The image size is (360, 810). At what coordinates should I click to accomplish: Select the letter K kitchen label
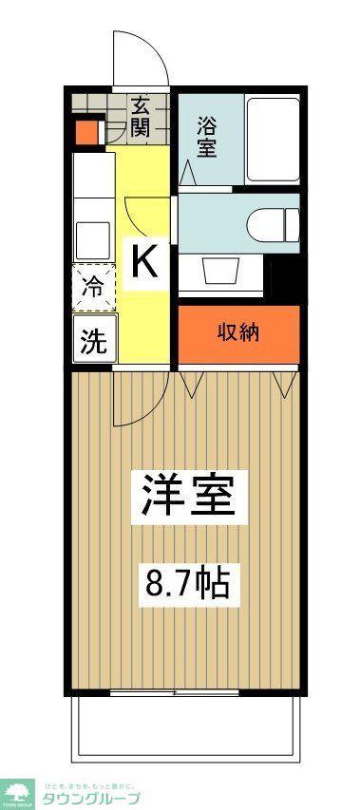point(144,260)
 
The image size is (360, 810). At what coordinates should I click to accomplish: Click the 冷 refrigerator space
point(93,287)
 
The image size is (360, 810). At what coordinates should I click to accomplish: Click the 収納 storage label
point(238,333)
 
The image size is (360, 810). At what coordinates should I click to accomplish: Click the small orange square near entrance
point(87,133)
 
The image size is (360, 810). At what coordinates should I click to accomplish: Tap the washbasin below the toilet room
point(221,270)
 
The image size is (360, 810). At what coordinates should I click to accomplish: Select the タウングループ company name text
point(91,798)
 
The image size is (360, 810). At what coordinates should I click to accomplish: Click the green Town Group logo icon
point(19,794)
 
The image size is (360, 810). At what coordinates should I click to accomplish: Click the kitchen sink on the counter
point(92,234)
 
